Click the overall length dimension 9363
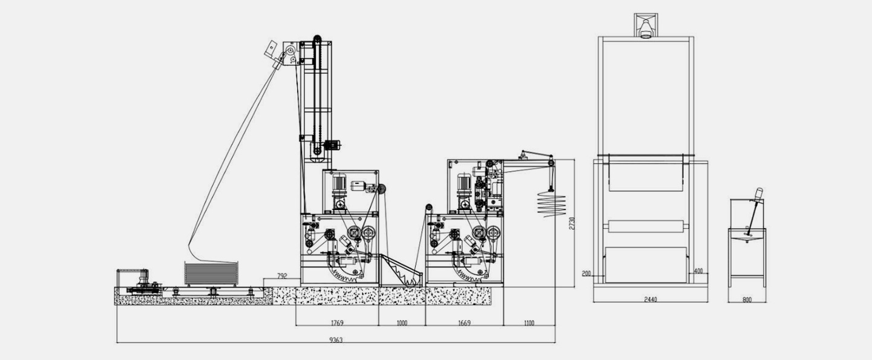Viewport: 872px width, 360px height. pyautogui.click(x=336, y=340)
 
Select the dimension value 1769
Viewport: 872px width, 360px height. pyautogui.click(x=337, y=323)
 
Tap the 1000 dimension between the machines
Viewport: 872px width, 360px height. pyautogui.click(x=402, y=323)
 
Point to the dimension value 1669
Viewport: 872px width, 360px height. pyautogui.click(x=464, y=323)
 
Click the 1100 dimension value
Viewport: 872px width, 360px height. pyautogui.click(x=529, y=323)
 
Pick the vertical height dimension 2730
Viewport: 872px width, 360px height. pyautogui.click(x=572, y=223)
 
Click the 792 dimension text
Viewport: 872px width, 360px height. pyautogui.click(x=282, y=277)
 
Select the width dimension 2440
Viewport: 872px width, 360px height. pyautogui.click(x=651, y=299)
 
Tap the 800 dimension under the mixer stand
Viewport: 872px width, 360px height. pyautogui.click(x=747, y=300)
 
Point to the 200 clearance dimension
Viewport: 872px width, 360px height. pyautogui.click(x=586, y=274)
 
